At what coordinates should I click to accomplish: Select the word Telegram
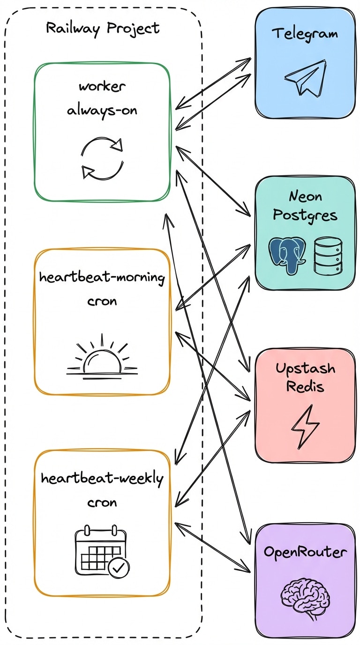tap(305, 34)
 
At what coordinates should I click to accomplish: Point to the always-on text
tap(102, 111)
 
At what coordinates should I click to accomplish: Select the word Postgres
tap(305, 215)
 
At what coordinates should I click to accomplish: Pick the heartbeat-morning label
tap(102, 277)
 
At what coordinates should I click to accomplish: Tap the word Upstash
tap(305, 368)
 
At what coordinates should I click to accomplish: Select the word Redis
tap(305, 387)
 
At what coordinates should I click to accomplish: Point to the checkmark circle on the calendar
tap(119, 569)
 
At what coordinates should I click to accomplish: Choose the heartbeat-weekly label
tap(102, 479)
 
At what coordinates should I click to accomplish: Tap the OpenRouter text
tap(305, 552)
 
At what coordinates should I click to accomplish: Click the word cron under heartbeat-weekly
tap(102, 502)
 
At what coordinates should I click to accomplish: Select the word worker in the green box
tap(102, 87)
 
